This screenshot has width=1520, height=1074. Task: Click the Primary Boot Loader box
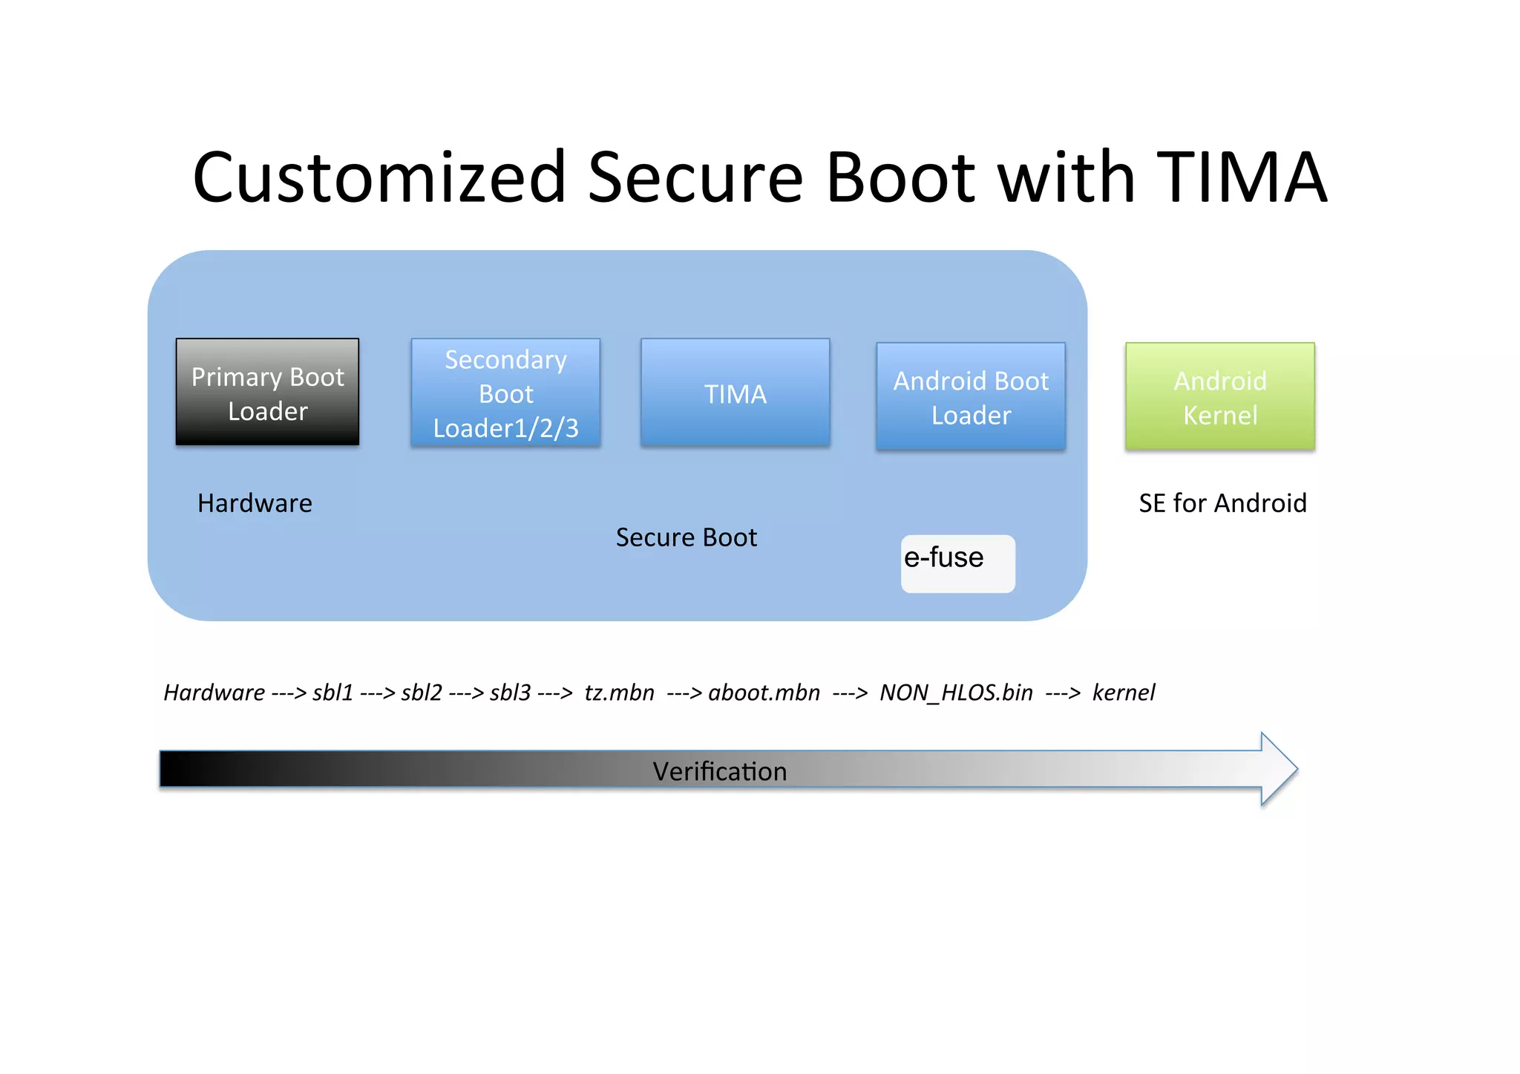click(267, 392)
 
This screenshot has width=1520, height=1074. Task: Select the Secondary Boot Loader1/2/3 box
click(505, 393)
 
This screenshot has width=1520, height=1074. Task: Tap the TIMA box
click(735, 393)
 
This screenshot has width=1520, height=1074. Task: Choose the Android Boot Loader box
click(970, 396)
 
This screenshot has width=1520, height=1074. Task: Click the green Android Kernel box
click(1219, 396)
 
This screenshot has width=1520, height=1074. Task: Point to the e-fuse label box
click(957, 563)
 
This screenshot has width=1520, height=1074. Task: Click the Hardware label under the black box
click(255, 503)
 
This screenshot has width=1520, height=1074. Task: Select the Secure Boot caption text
click(686, 537)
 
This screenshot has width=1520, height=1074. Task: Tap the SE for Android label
click(1222, 503)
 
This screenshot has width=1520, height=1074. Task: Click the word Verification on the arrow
click(719, 771)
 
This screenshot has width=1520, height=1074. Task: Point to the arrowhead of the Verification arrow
click(1278, 769)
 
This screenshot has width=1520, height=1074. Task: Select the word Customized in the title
click(379, 177)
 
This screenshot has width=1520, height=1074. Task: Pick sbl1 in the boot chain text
click(332, 692)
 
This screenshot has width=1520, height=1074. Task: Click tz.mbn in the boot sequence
click(619, 692)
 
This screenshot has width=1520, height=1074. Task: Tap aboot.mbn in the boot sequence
click(764, 692)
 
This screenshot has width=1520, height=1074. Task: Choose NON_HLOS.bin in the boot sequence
click(956, 692)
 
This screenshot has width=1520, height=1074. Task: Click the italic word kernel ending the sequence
click(1124, 692)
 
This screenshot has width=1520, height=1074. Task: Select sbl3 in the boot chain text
click(510, 692)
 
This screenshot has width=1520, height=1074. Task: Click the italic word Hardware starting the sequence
click(214, 692)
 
